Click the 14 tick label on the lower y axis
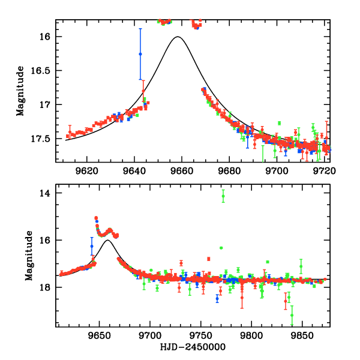coord(44,194)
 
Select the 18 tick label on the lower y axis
coord(44,287)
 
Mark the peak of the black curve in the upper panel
coord(178,37)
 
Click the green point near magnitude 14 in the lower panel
coord(223,196)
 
